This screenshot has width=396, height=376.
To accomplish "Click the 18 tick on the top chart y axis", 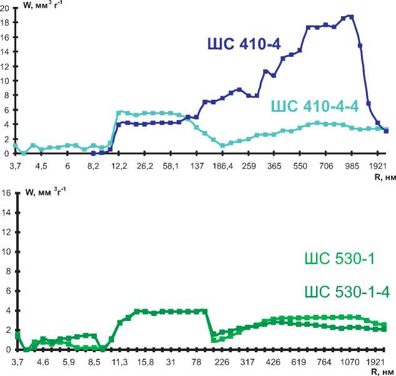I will tap(6, 22).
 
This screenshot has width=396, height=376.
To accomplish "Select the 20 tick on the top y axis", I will tap(6, 7).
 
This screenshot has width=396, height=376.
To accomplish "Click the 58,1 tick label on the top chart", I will tap(171, 166).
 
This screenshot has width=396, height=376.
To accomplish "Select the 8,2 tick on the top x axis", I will tap(93, 166).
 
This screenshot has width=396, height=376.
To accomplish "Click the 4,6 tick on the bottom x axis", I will tap(43, 362).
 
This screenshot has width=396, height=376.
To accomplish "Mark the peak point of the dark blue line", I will tap(351, 17).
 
